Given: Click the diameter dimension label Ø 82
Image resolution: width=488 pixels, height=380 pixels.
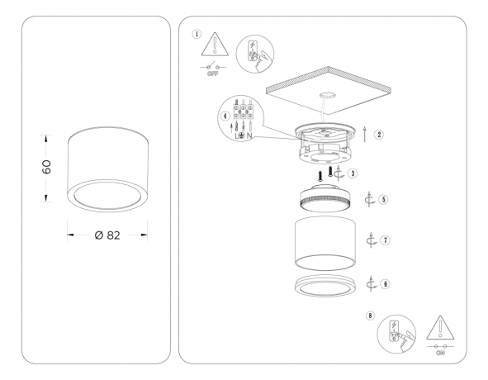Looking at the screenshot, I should [108, 235].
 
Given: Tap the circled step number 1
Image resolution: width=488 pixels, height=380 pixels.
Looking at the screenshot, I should [196, 34].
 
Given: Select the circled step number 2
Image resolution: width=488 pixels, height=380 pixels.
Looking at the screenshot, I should [379, 134].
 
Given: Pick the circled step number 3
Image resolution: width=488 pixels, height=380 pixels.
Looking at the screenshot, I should [353, 173].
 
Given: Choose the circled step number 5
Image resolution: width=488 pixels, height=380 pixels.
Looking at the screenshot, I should [384, 199].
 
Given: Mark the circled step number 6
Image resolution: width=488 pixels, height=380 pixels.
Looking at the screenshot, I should [386, 282].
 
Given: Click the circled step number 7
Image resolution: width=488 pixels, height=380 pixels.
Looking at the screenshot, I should [386, 240].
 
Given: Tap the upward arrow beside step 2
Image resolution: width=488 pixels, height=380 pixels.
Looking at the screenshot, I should [366, 134].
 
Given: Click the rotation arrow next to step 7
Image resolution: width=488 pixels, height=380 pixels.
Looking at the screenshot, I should [372, 240].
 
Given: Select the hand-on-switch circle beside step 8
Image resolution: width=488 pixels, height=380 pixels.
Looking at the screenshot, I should [393, 334].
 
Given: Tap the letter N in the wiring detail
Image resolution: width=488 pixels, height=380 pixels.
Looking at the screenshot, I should [250, 135].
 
